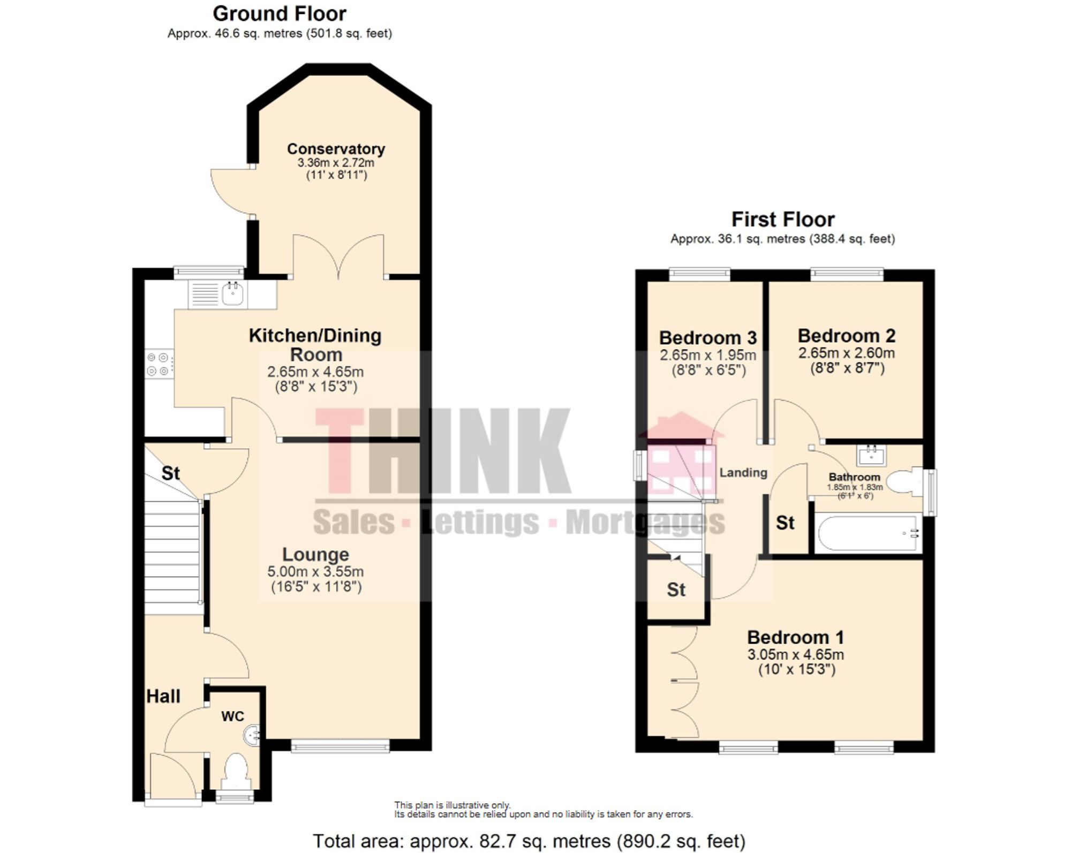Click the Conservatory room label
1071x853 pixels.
click(x=336, y=149)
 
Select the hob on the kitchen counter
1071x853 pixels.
click(x=159, y=364)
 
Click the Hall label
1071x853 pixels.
click(x=163, y=696)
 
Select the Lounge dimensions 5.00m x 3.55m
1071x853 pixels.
click(x=315, y=571)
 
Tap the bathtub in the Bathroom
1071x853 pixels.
click(x=868, y=533)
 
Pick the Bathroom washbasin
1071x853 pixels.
click(x=872, y=455)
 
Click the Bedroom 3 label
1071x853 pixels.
click(x=707, y=338)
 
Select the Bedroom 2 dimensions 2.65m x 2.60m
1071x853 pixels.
click(x=846, y=353)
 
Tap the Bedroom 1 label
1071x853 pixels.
click(x=795, y=637)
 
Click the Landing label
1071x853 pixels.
click(x=743, y=472)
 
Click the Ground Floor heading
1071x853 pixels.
click(x=280, y=13)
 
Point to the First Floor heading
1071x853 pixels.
click(x=783, y=219)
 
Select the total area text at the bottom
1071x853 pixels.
click(x=529, y=841)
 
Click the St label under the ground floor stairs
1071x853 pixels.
click(x=170, y=473)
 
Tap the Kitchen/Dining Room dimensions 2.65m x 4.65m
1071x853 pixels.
click(x=315, y=372)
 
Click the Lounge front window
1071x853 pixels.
click(x=340, y=746)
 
